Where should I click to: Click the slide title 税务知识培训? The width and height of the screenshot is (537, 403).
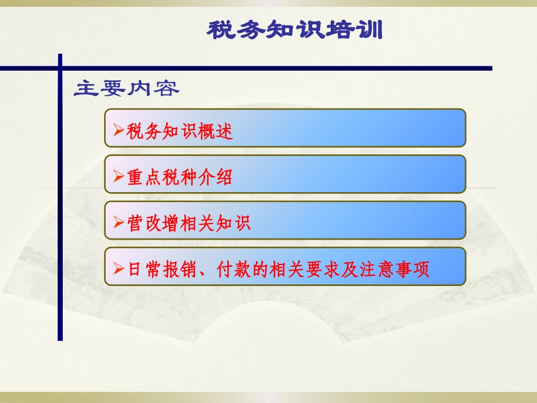(295, 30)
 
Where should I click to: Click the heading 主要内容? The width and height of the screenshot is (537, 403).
(127, 89)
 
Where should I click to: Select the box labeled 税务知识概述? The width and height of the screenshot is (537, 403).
(285, 128)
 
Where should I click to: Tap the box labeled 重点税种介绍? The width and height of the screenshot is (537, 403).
(285, 174)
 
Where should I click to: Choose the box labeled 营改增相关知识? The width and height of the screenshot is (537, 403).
(285, 220)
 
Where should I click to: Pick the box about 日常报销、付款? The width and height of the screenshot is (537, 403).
(285, 266)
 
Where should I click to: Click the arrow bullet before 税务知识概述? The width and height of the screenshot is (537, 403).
(118, 131)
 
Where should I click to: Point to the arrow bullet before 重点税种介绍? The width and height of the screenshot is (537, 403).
(118, 177)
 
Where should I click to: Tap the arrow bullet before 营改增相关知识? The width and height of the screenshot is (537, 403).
(118, 223)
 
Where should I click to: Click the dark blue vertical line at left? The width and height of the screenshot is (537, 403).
(60, 226)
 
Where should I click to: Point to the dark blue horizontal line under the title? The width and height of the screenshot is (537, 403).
(283, 68)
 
